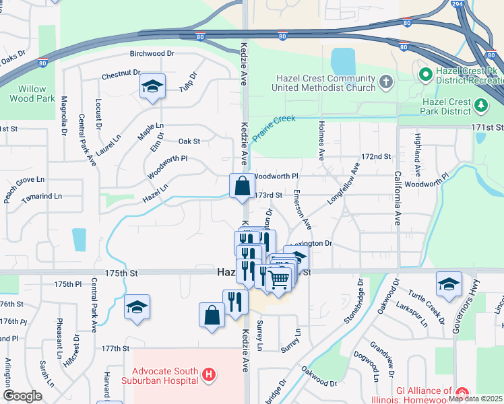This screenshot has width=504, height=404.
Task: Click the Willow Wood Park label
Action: (x=28, y=93)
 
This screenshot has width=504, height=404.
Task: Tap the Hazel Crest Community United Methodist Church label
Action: (x=324, y=83)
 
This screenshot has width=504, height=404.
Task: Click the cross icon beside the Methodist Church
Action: (x=385, y=82)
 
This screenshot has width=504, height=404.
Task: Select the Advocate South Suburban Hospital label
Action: (x=165, y=376)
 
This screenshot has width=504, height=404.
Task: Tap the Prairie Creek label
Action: (x=274, y=127)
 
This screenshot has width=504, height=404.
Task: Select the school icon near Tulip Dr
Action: (x=153, y=86)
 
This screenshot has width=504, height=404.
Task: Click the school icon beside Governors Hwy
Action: (x=449, y=284)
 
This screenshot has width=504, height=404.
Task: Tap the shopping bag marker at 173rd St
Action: (x=242, y=186)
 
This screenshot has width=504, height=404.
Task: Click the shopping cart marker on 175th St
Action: (x=278, y=279)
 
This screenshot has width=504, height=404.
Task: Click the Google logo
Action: (x=22, y=396)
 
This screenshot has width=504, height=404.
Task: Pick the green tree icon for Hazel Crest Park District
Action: (x=480, y=104)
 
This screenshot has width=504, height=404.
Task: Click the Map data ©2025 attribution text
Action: (x=475, y=399)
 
